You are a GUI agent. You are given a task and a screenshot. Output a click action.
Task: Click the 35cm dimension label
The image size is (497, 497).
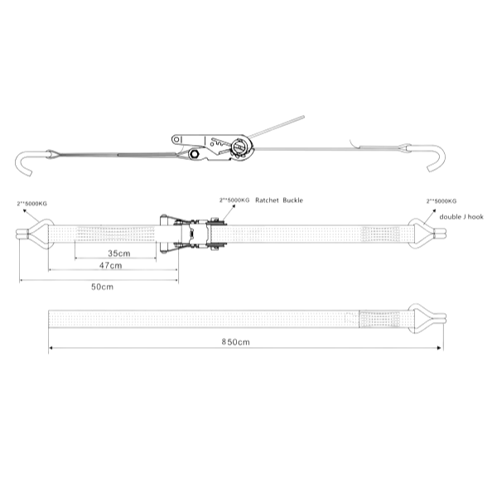118,253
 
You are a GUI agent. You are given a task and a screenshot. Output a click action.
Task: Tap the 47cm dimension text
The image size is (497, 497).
110,266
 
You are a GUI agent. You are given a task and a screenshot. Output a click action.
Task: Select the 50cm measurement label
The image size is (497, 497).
102,287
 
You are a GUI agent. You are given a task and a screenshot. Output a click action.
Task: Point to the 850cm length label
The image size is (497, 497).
237,341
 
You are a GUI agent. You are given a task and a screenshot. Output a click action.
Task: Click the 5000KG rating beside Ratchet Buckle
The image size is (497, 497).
234,201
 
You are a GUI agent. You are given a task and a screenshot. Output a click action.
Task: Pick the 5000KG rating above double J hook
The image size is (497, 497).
441,201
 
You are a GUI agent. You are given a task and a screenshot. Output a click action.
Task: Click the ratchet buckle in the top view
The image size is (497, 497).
196,233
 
